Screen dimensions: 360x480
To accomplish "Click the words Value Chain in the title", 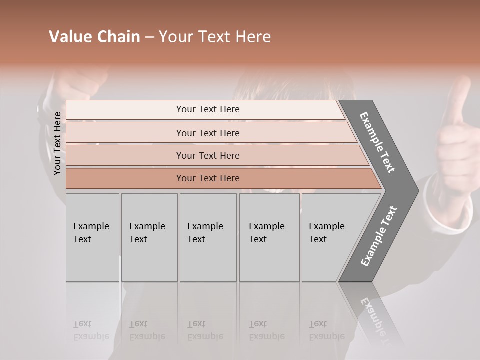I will (x=94, y=37).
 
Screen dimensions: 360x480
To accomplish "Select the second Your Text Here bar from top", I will (x=208, y=133).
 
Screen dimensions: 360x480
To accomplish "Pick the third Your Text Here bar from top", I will (x=208, y=155).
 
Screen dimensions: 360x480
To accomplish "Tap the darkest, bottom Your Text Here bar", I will (x=208, y=178).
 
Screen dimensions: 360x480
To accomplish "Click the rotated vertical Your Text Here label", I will (x=57, y=144).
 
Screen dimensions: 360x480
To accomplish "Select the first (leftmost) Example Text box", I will (x=92, y=237).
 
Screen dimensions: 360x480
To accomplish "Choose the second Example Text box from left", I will (x=149, y=237).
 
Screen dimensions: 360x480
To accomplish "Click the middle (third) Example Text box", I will (x=208, y=237).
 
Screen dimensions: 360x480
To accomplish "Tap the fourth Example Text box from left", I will (x=269, y=237).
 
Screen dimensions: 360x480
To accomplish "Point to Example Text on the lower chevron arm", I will (x=378, y=236).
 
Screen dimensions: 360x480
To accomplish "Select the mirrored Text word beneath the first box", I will (x=82, y=324).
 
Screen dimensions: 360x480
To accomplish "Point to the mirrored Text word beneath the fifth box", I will (x=318, y=324).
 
